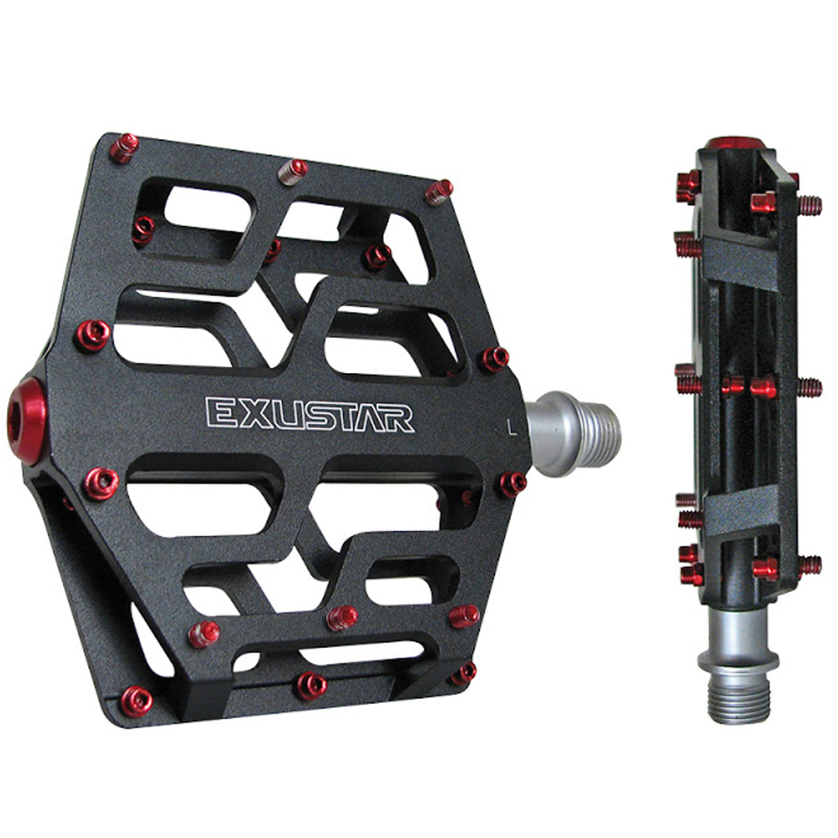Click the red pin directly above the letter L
[494, 358]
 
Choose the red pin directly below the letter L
[513, 483]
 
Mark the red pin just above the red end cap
[91, 335]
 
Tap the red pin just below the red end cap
[101, 483]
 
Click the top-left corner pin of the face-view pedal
[125, 147]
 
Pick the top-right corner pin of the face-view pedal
[439, 191]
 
